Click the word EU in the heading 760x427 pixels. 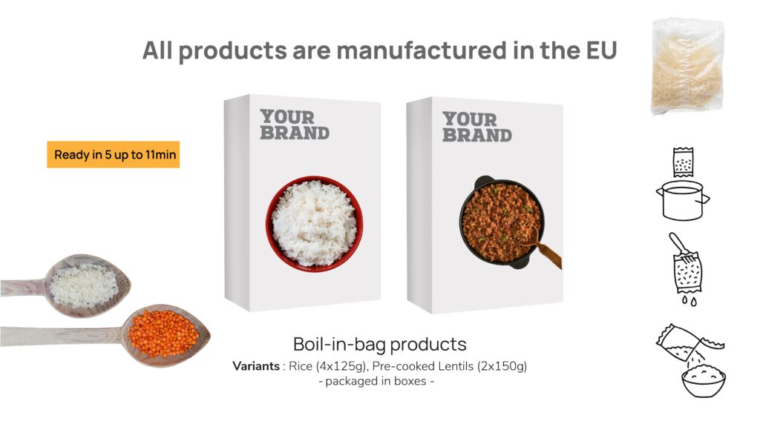(601, 50)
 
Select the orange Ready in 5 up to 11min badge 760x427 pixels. (114, 154)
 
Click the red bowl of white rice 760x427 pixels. (314, 224)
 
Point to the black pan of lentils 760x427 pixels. (502, 222)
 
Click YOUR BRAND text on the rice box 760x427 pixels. (294, 125)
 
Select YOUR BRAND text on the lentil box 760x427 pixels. (477, 127)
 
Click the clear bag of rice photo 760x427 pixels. (687, 66)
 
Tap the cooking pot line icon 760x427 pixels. (683, 200)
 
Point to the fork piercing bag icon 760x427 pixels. (686, 268)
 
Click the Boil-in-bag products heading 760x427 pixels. (379, 344)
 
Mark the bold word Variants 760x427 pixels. (256, 366)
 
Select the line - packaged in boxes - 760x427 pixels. (376, 382)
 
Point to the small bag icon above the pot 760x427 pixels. (683, 162)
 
